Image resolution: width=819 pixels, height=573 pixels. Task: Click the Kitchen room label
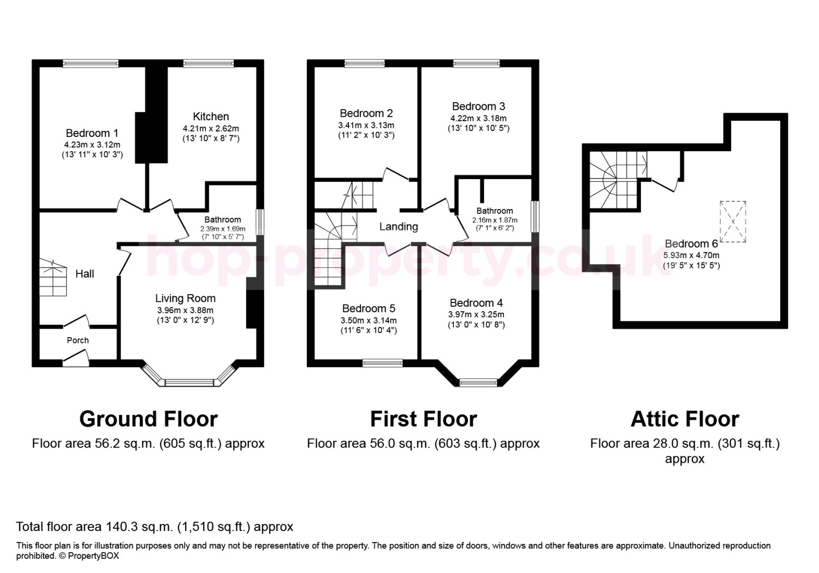(x=211, y=117)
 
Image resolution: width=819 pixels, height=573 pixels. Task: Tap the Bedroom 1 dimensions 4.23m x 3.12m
(x=92, y=145)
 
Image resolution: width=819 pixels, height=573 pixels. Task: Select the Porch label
(x=78, y=340)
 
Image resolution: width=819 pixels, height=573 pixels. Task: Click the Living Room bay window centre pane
(x=189, y=383)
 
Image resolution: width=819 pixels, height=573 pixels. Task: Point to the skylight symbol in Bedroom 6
(x=733, y=222)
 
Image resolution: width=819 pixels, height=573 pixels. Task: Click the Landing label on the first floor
(x=399, y=226)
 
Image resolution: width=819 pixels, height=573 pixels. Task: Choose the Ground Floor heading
(x=149, y=419)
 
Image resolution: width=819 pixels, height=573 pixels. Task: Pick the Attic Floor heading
(x=685, y=419)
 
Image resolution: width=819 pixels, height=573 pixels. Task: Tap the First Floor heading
(x=423, y=419)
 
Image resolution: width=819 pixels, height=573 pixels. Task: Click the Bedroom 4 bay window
(x=478, y=383)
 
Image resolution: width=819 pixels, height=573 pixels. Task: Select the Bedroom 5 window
(x=382, y=363)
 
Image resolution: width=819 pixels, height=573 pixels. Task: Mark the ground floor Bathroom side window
(x=259, y=222)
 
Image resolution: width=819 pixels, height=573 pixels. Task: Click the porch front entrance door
(x=76, y=358)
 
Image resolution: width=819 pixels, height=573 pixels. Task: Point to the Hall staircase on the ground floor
(x=53, y=277)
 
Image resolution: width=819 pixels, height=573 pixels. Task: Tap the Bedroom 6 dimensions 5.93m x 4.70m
(x=691, y=255)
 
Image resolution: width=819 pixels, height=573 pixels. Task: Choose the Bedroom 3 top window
(x=477, y=64)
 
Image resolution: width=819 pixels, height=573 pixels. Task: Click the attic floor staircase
(x=618, y=181)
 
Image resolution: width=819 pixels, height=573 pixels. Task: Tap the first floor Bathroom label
(x=495, y=211)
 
